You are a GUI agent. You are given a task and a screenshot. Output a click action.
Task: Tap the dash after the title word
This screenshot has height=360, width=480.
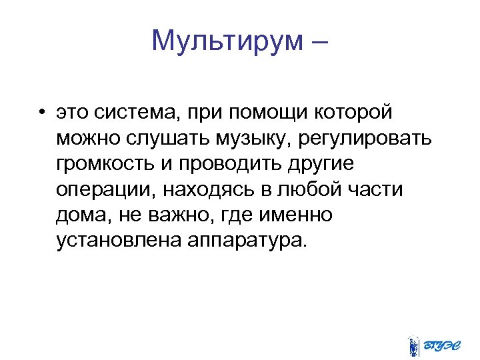[x=318, y=41]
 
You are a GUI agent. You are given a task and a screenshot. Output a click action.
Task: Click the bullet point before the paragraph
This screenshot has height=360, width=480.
[x=41, y=113]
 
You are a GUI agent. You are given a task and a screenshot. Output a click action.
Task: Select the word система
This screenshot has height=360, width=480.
[x=140, y=113]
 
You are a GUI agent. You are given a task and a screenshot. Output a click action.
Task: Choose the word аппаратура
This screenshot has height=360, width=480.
[x=247, y=240]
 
